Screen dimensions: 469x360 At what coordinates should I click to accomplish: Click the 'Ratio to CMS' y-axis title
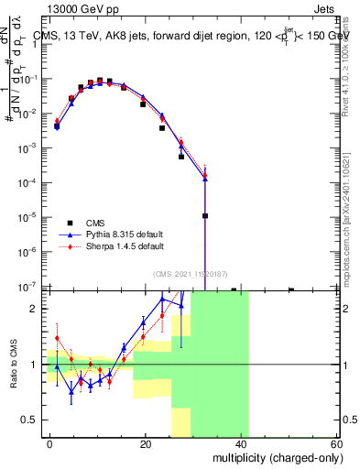click(16, 365)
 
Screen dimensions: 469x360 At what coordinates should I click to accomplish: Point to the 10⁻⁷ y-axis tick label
click(27, 286)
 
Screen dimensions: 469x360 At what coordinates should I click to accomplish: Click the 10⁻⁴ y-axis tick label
click(27, 182)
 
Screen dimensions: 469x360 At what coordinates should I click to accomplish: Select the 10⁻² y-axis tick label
click(27, 113)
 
